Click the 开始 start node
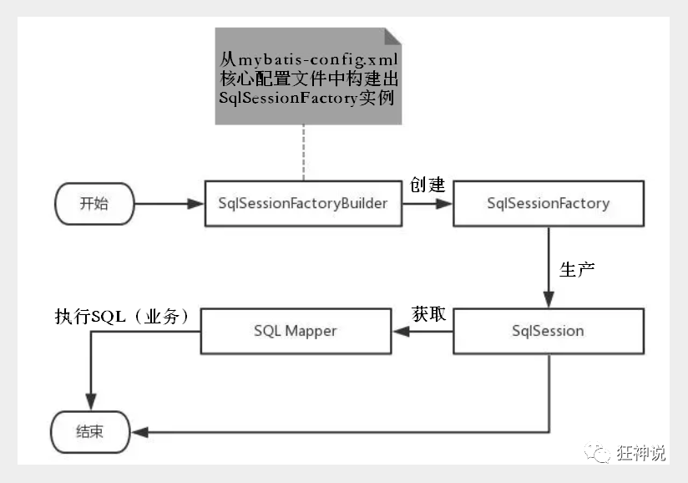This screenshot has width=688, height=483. pos(94,204)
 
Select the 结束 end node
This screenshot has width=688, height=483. pos(90,432)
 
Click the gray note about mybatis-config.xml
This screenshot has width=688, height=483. pos(308,76)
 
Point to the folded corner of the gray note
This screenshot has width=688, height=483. pos(392,36)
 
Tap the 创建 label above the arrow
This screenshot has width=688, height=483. pos(427,185)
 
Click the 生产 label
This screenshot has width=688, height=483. pos(577,270)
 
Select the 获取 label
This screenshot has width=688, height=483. pos(428,314)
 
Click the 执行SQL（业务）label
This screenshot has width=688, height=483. pos(123,316)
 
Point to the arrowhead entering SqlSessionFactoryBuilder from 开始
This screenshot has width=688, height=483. pos(195,204)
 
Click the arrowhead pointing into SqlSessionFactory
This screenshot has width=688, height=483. pos(444,204)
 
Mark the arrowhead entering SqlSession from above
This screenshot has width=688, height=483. pos(549,299)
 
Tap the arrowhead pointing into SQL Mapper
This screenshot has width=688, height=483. pos(401,332)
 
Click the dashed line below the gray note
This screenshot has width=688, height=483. pos(303,153)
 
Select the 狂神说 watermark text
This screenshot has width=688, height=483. pos(641,453)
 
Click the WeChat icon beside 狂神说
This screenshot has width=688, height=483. pos(597,453)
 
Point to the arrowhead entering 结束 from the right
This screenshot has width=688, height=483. pos(140,433)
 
